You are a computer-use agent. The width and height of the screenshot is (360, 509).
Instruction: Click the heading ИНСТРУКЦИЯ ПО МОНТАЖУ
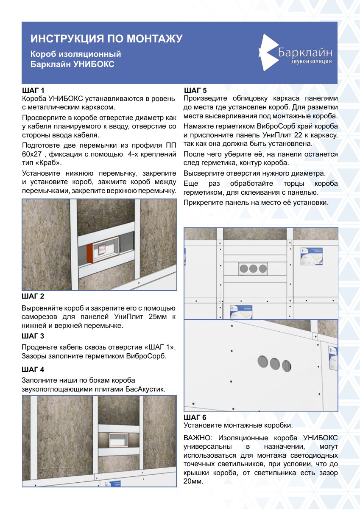coord(106,39)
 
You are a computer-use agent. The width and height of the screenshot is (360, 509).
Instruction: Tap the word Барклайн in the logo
coord(305,53)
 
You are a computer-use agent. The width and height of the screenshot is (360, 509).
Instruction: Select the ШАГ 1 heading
coord(33,90)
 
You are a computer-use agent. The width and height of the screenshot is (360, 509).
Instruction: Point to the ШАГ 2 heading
coord(33,296)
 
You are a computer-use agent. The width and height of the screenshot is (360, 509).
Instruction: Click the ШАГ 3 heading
coord(33,336)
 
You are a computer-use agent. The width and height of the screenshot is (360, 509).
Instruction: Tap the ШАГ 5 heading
coord(195,90)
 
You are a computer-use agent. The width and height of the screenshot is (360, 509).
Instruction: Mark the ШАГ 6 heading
coord(195,417)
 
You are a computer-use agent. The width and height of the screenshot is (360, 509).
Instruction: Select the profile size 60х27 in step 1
coord(32,154)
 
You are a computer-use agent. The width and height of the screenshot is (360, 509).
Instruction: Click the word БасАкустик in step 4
coord(145,389)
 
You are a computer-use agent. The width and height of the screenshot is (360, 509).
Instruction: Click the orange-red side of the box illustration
coord(89,254)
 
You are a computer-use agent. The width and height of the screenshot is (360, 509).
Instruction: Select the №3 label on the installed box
coord(103,249)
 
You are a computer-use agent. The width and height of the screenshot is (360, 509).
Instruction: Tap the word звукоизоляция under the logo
coord(311,62)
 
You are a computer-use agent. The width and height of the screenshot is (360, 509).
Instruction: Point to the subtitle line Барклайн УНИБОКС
coord(72,64)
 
